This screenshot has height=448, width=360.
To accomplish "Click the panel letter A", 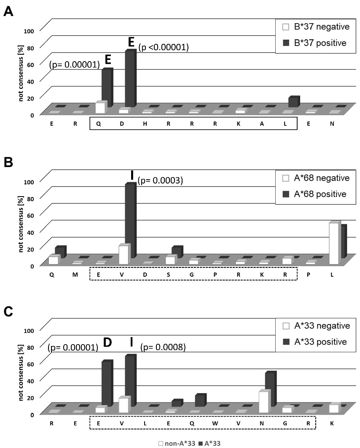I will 8,11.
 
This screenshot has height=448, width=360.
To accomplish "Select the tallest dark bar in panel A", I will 130,79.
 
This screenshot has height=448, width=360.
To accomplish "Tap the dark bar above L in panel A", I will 293,102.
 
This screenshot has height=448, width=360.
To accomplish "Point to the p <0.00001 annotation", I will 163,48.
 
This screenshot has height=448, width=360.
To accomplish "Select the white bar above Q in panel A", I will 100,108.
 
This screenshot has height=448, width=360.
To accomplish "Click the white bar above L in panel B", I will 334,243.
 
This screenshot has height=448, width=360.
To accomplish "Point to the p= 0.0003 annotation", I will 160,181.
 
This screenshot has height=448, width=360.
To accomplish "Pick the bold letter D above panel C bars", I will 107,343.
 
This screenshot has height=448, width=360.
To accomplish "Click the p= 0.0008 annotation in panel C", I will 163,347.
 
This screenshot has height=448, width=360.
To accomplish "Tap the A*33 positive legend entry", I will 317,342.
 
